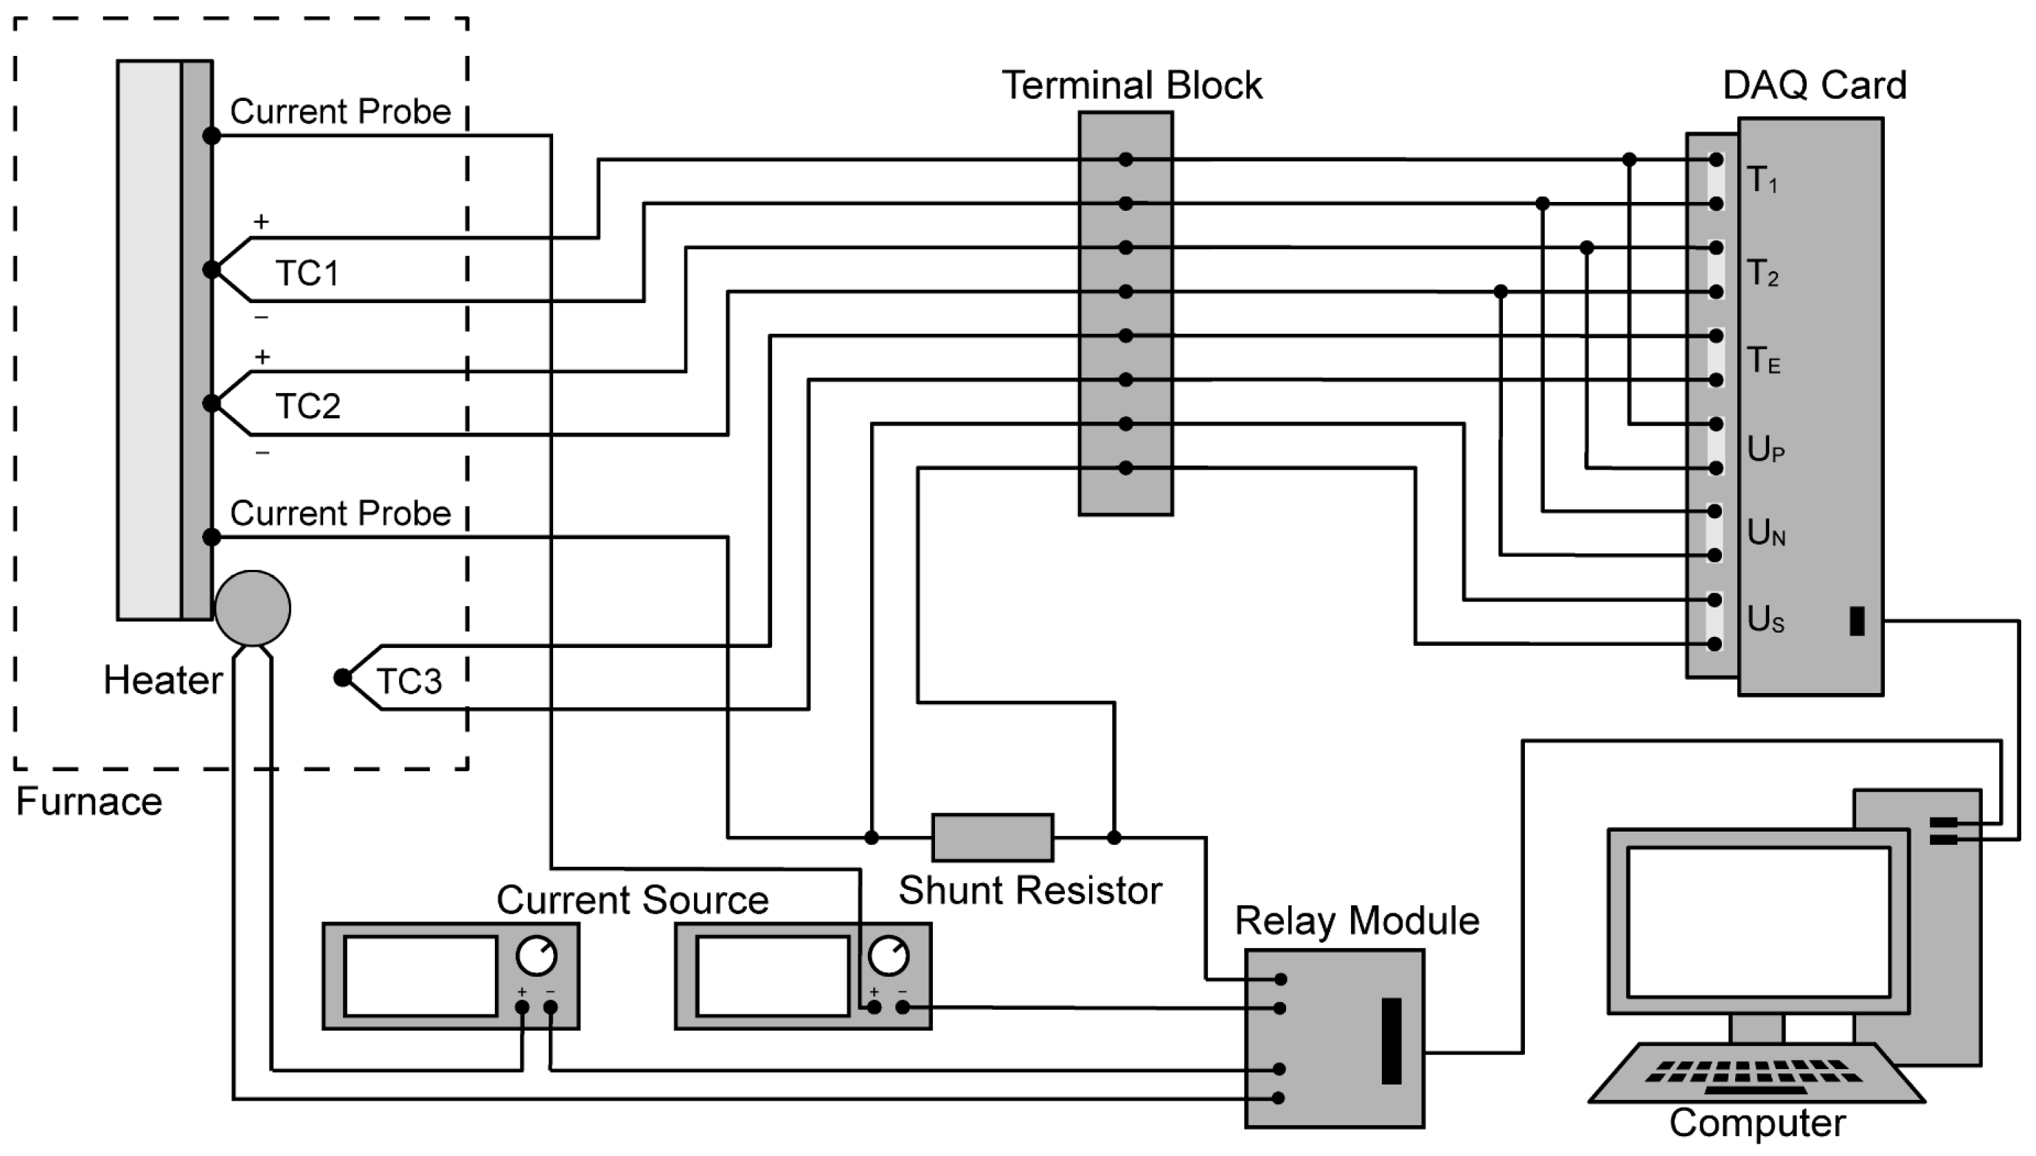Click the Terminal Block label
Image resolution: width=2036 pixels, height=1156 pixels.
pyautogui.click(x=1131, y=85)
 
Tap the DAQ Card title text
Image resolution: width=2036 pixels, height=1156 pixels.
pyautogui.click(x=1815, y=85)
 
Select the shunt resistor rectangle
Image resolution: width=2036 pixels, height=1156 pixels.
pyautogui.click(x=993, y=837)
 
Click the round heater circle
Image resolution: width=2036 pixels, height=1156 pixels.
pyautogui.click(x=252, y=608)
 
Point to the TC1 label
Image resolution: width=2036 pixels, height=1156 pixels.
pyautogui.click(x=308, y=273)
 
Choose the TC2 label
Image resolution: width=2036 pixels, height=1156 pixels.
pyautogui.click(x=308, y=406)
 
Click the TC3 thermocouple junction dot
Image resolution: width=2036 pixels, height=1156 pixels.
pyautogui.click(x=342, y=678)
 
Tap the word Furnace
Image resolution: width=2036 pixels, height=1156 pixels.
pyautogui.click(x=89, y=801)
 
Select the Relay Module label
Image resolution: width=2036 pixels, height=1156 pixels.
pyautogui.click(x=1357, y=921)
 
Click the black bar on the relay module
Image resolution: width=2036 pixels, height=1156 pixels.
pyautogui.click(x=1392, y=1040)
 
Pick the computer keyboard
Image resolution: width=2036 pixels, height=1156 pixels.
pyautogui.click(x=1757, y=1073)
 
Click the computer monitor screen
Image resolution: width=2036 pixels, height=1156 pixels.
pyautogui.click(x=1758, y=922)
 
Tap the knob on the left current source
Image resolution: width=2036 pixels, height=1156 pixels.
pyautogui.click(x=537, y=956)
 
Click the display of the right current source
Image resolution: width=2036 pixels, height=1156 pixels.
pyautogui.click(x=773, y=977)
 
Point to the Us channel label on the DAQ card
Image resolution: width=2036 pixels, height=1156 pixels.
pyautogui.click(x=1765, y=619)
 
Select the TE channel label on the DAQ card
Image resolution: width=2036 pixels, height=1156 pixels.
pyautogui.click(x=1764, y=361)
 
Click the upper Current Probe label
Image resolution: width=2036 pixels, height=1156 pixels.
pyautogui.click(x=341, y=112)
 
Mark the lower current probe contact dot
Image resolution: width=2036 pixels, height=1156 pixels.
pyautogui.click(x=211, y=537)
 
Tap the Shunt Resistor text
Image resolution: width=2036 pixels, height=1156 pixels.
pyautogui.click(x=1030, y=890)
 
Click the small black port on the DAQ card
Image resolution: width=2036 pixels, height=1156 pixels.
pyautogui.click(x=1858, y=621)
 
